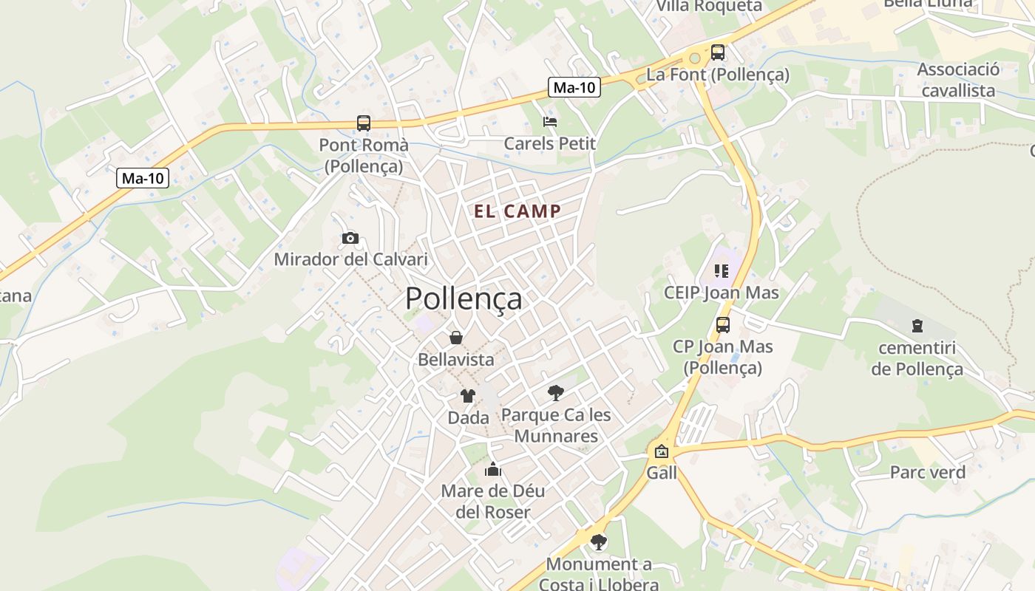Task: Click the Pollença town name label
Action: click(x=464, y=298)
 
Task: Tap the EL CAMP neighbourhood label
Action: click(x=517, y=211)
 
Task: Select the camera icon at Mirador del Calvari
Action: click(x=350, y=238)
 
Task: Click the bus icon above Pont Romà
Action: click(x=363, y=123)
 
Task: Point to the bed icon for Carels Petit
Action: click(x=549, y=122)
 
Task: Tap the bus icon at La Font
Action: click(x=717, y=52)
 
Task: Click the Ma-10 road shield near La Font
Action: click(x=574, y=88)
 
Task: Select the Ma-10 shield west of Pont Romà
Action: click(x=143, y=178)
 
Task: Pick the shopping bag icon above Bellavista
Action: click(x=456, y=338)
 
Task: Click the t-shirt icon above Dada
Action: click(x=468, y=396)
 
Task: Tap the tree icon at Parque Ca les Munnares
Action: click(x=556, y=392)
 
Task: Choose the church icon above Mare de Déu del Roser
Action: click(x=493, y=469)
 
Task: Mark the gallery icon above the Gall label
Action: click(x=661, y=451)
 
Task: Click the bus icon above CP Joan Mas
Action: click(x=722, y=324)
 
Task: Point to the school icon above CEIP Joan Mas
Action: click(x=722, y=271)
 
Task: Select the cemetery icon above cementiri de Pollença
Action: click(x=917, y=326)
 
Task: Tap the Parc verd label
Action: click(x=927, y=473)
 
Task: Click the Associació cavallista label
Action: click(x=958, y=81)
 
